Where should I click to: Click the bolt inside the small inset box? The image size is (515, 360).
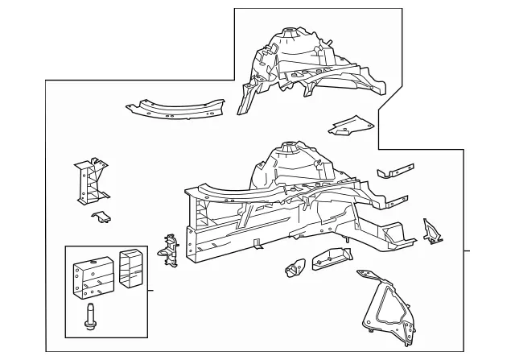88,316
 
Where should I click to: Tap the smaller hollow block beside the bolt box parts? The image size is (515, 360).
130,268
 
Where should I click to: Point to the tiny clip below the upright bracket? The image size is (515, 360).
102,217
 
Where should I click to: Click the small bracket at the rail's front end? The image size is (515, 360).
169,247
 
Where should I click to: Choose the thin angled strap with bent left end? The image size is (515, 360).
395,172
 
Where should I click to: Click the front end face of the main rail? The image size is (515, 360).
192,246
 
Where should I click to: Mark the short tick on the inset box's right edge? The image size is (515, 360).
152,288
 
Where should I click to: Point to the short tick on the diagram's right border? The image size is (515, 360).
468,251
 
